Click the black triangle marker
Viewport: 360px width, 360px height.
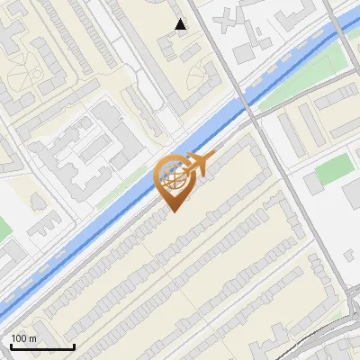click(x=181, y=24)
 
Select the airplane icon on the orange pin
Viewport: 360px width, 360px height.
click(x=197, y=164)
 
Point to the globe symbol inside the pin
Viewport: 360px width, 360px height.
click(x=173, y=178)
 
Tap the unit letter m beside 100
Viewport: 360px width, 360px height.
click(x=32, y=338)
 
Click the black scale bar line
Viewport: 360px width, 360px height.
click(x=42, y=347)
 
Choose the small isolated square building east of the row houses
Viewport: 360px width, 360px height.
click(x=312, y=184)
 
